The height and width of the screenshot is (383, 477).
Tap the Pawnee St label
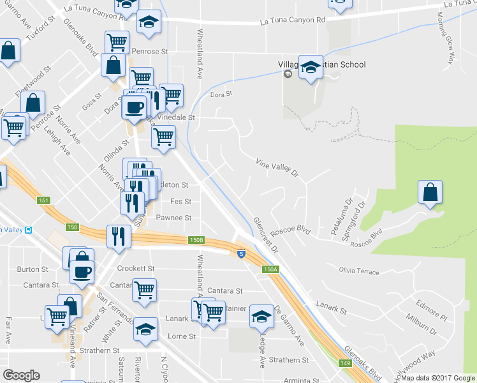pyautogui.click(x=173, y=218)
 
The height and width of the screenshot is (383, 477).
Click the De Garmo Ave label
pyautogui.click(x=290, y=326)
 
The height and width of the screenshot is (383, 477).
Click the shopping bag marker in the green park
pyautogui.click(x=430, y=192)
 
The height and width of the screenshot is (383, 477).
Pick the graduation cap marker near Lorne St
pyautogui.click(x=146, y=329)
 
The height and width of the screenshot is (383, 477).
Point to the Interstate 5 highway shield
pyautogui.click(x=241, y=253)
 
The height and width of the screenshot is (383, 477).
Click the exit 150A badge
pyautogui.click(x=270, y=269)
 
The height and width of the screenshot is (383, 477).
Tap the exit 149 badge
pyautogui.click(x=345, y=362)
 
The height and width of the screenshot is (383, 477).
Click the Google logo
pyautogui.click(x=21, y=375)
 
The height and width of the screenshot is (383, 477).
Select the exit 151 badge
pyautogui.click(x=43, y=200)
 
